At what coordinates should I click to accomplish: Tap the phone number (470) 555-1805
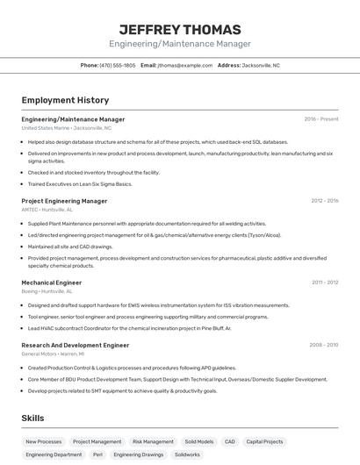click(x=118, y=65)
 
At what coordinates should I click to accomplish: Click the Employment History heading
click(x=65, y=100)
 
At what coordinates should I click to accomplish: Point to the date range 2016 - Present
click(x=321, y=119)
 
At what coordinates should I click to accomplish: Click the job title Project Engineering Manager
click(x=64, y=201)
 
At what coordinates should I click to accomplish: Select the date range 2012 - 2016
click(x=324, y=201)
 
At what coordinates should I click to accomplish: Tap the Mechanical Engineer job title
click(x=52, y=283)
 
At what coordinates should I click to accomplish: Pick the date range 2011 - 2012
click(x=325, y=283)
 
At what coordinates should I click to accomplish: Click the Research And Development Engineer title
click(x=75, y=345)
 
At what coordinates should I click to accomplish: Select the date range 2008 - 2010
click(x=324, y=345)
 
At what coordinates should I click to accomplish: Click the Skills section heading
click(x=32, y=418)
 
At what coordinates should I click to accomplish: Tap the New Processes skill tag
click(x=44, y=442)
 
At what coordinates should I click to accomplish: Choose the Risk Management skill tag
click(x=153, y=442)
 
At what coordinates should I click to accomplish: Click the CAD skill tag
click(x=230, y=442)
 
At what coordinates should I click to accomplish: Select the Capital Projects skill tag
click(x=264, y=442)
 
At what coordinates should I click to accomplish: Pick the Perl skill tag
click(x=97, y=455)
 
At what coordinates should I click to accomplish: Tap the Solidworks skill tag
click(x=187, y=455)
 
